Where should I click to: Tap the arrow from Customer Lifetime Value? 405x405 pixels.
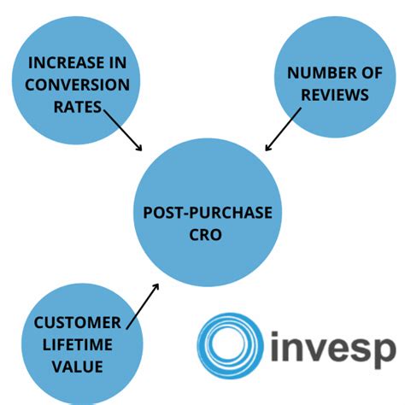click(x=143, y=305)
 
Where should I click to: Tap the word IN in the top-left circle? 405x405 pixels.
click(x=110, y=63)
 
